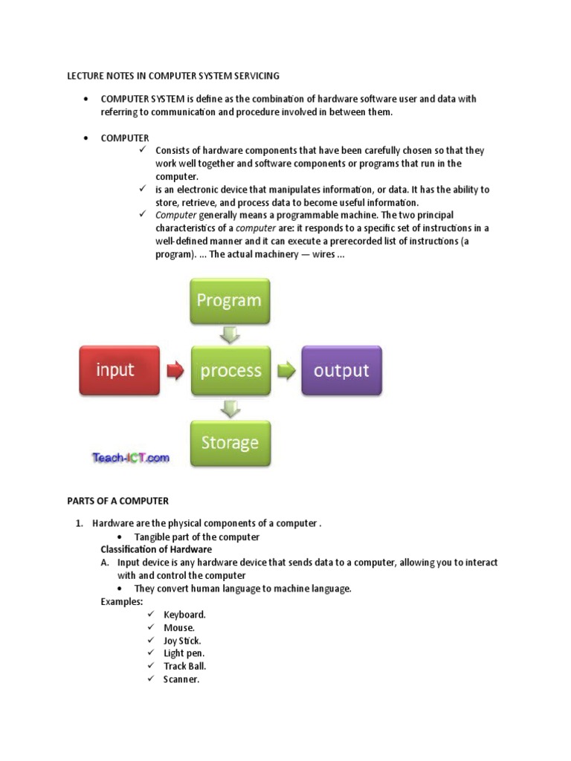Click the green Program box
click(x=230, y=301)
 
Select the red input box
click(x=119, y=370)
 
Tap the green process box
click(x=230, y=370)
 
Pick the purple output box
click(x=341, y=370)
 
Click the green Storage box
click(x=230, y=443)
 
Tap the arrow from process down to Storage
click(x=230, y=407)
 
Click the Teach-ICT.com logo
click(x=131, y=459)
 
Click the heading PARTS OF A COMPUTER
click(x=118, y=500)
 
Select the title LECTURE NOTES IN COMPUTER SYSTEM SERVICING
click(x=173, y=76)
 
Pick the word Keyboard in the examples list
click(x=184, y=615)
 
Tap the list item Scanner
click(x=181, y=679)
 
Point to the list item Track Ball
click(x=184, y=666)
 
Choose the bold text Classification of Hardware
click(x=156, y=549)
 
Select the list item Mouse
click(x=179, y=627)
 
